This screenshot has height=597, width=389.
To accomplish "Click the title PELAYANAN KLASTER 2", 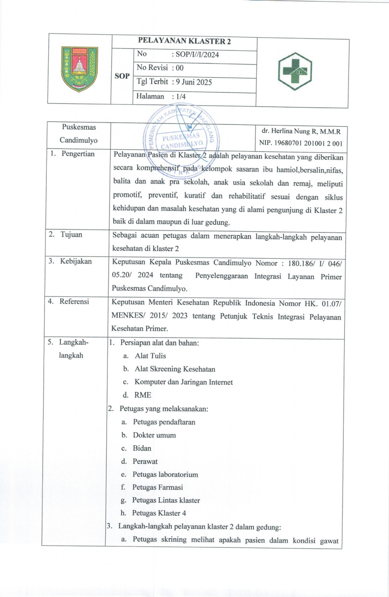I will click(x=184, y=42).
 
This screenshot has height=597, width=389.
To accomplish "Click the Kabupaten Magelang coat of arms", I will click(x=79, y=69).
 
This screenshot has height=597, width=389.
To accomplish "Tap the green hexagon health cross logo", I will click(x=295, y=72).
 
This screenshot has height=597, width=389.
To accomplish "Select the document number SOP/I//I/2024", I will click(x=197, y=55).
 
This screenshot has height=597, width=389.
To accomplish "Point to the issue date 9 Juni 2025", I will click(x=194, y=82).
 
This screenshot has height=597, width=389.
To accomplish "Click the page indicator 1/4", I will click(x=181, y=96).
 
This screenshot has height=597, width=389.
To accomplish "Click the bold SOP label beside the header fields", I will click(x=122, y=76).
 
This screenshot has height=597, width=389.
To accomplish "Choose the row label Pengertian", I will click(x=78, y=154).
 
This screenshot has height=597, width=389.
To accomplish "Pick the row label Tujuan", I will click(x=71, y=234).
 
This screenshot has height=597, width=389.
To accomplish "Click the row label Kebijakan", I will click(x=75, y=261).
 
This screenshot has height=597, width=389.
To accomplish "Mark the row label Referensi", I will click(x=74, y=301).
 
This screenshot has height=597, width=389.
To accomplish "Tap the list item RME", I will click(x=142, y=395).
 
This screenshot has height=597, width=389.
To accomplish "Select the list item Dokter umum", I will click(x=154, y=435).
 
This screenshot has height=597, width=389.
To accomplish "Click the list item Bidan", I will click(x=142, y=448).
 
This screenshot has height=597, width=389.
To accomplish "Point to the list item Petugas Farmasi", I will click(x=157, y=487).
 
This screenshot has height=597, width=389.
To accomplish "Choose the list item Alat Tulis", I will click(x=150, y=356).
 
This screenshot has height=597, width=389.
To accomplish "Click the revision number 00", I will click(x=180, y=68).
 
